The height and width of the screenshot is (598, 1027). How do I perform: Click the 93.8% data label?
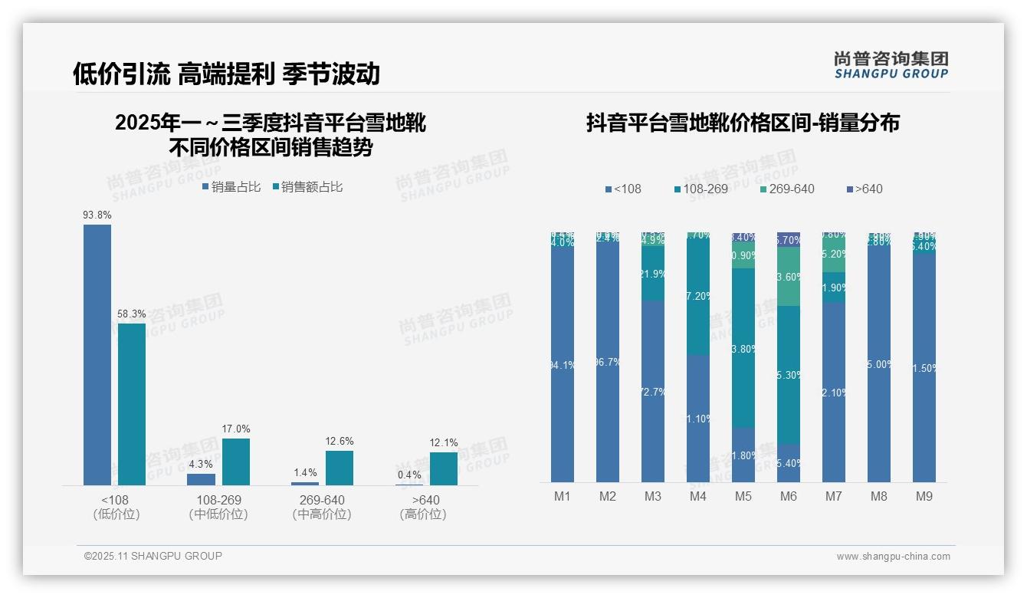(97, 215)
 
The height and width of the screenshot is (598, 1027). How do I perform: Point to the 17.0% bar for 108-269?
(236, 462)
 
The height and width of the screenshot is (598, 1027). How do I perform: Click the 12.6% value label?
(340, 442)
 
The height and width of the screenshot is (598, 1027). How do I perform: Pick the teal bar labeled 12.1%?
(444, 468)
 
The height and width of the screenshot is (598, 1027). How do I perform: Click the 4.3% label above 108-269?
(201, 464)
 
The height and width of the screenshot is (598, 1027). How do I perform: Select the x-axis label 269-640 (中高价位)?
(322, 507)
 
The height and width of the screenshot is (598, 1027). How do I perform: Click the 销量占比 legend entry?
(231, 187)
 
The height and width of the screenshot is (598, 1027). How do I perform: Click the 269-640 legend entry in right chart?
(787, 189)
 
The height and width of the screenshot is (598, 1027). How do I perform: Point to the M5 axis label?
(743, 497)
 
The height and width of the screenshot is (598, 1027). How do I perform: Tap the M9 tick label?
(924, 497)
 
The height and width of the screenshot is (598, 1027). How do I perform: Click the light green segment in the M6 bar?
(789, 276)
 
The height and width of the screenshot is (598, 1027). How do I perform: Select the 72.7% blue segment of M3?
(653, 391)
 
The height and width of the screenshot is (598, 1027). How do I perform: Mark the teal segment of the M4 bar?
(698, 295)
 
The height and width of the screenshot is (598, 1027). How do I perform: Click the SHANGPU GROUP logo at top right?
(891, 65)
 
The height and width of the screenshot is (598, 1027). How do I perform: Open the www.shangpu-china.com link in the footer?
(893, 557)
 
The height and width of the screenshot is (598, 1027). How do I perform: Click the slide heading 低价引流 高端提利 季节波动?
(226, 74)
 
